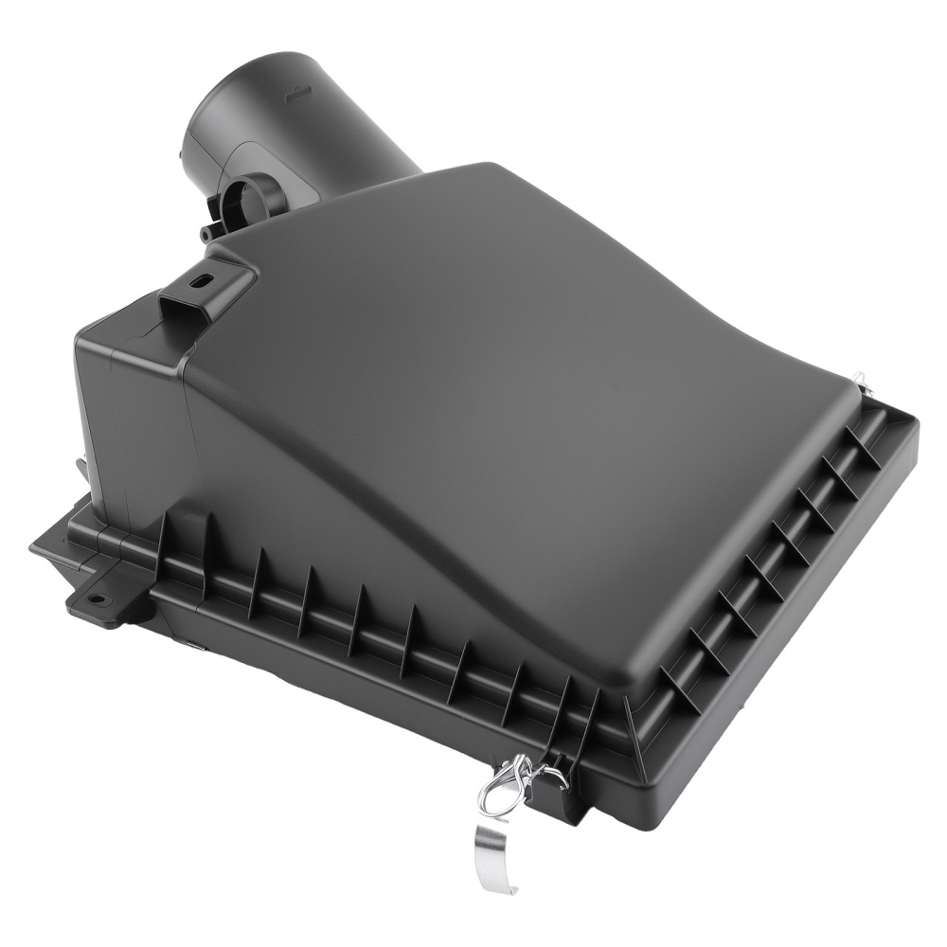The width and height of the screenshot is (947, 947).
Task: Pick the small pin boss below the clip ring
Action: [x=206, y=234]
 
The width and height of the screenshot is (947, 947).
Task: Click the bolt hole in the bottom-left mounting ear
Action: [x=96, y=599]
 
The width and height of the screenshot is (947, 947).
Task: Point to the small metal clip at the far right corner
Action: [x=860, y=381]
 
